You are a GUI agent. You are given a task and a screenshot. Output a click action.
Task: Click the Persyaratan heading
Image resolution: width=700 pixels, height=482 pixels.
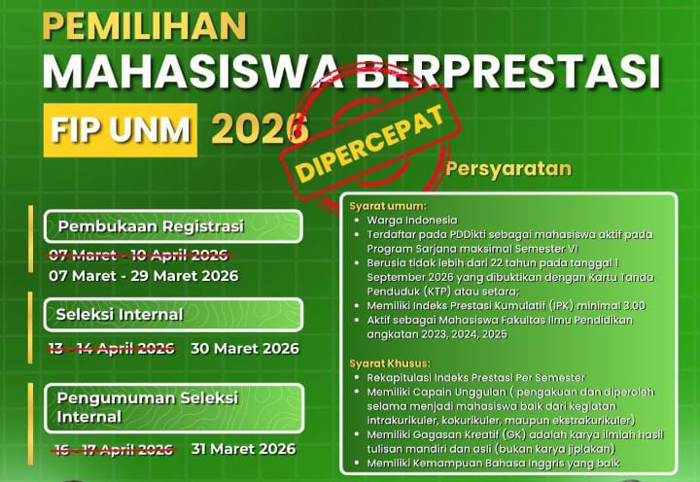coord(508,167)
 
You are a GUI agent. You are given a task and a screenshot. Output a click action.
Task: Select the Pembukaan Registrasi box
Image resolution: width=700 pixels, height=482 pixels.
coord(173,226)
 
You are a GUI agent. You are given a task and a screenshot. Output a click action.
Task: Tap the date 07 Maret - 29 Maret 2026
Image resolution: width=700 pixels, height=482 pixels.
coord(143,276)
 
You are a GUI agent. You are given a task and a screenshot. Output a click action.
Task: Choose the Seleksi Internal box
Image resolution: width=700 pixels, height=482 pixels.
coord(173,315)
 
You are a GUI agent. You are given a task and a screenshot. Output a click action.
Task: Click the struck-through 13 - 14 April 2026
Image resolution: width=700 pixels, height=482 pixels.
coord(112,348)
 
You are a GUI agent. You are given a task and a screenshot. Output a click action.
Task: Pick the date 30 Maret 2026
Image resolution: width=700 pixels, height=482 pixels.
coord(245,348)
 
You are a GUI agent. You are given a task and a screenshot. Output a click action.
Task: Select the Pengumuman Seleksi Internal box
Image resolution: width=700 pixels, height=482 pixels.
coord(173,407)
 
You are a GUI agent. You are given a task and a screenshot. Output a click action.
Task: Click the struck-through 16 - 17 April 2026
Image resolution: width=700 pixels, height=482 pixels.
coord(112,449)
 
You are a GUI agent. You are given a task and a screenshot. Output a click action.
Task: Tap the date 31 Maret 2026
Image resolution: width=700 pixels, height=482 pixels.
coord(243,449)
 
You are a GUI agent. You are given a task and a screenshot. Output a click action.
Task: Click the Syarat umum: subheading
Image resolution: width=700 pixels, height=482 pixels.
coord(388,206)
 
